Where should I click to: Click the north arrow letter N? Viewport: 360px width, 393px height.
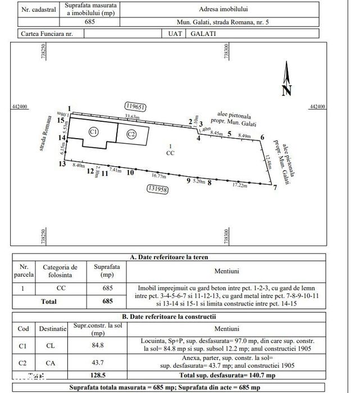286,89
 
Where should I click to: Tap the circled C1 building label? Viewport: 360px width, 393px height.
94,131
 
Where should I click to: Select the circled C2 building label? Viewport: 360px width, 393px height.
131,134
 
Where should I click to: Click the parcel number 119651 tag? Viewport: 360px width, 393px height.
135,106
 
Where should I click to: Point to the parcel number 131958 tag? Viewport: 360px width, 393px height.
158,189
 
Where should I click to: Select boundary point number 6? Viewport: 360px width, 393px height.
262,137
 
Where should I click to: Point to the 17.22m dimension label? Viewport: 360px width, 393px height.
240,185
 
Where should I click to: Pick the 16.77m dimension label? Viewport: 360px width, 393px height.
159,176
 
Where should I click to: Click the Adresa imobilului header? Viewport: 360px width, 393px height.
227,10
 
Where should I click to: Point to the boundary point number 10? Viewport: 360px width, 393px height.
130,173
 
